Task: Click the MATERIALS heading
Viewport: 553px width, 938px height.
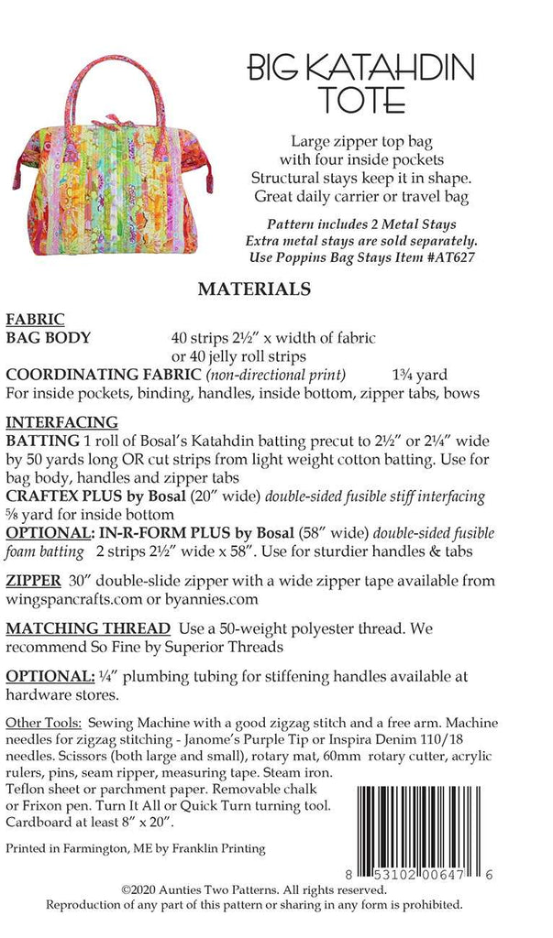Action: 254,289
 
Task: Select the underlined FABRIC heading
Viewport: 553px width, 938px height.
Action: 35,320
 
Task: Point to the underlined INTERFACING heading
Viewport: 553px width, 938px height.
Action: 62,422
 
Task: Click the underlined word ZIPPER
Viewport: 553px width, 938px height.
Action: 34,581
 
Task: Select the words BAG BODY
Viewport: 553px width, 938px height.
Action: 49,337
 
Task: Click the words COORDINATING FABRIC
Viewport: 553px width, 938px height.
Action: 104,374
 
